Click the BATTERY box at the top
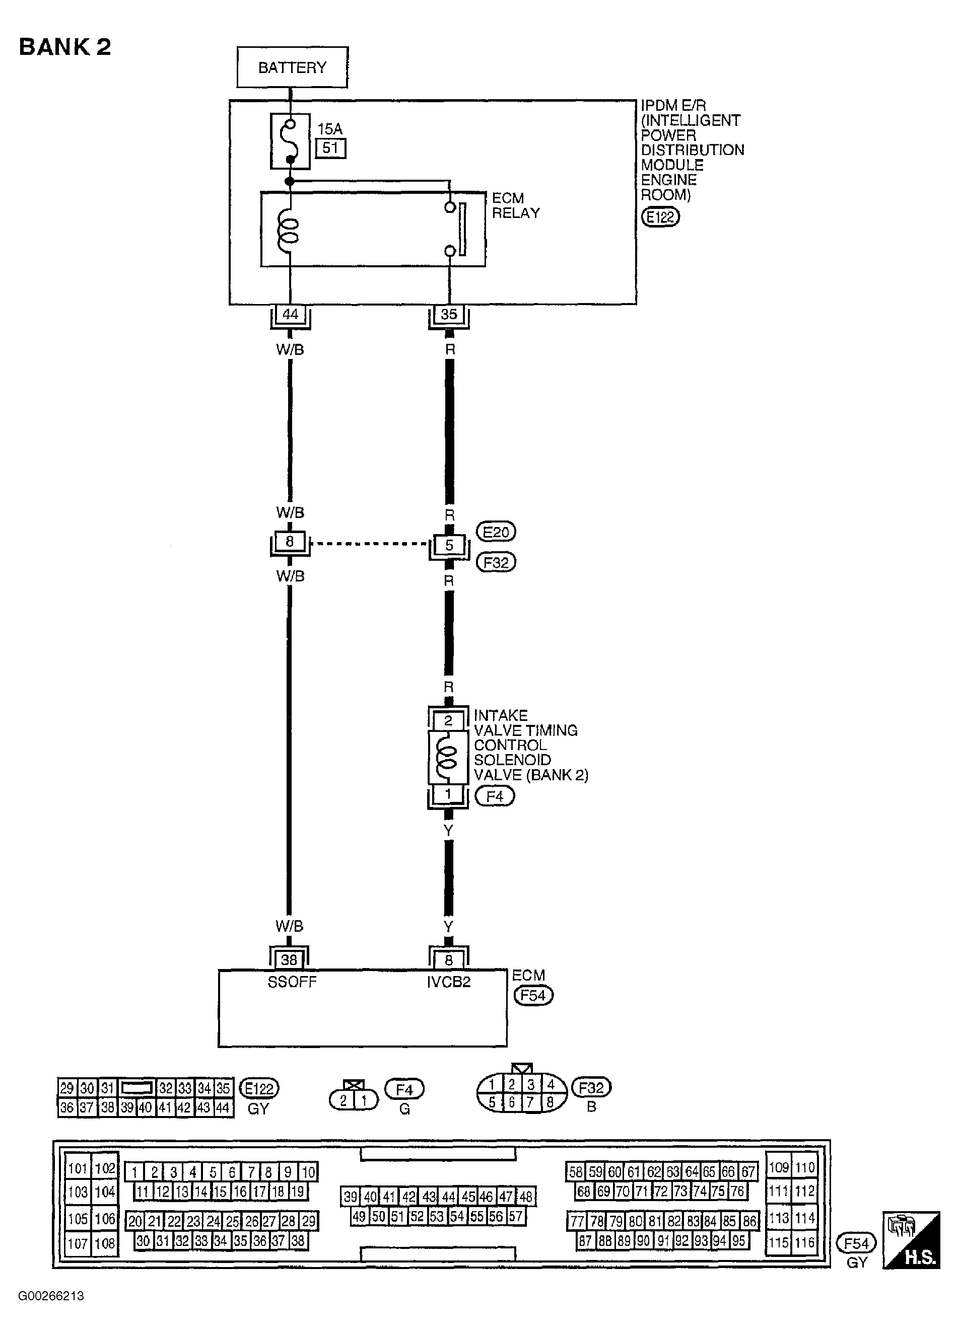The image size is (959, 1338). point(292,67)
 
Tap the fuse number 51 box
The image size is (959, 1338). point(330,147)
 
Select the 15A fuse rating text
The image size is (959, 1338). point(329,128)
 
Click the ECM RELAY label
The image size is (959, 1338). point(515,205)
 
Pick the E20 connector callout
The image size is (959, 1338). point(496,532)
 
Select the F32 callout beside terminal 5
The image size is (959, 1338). point(496,562)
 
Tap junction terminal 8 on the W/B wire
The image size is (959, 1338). point(289,542)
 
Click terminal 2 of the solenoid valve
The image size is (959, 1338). point(448,720)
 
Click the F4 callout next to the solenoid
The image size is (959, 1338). point(495,796)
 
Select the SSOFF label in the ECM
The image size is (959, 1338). point(292,982)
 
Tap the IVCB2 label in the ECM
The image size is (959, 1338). point(448,982)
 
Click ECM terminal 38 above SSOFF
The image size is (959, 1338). point(289,960)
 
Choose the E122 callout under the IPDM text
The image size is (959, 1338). point(660,217)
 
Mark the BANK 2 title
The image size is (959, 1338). point(65,47)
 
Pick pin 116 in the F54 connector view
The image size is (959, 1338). point(804,1242)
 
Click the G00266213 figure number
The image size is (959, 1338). point(51,1296)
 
